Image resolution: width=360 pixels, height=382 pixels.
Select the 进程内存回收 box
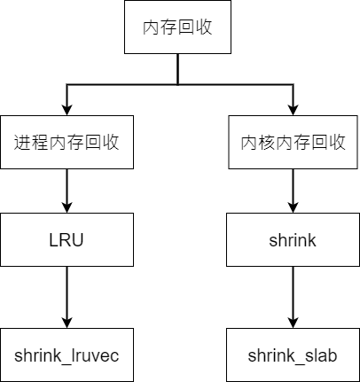(x=67, y=143)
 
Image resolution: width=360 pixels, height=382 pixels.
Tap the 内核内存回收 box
(x=293, y=143)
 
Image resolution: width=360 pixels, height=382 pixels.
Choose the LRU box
(x=67, y=239)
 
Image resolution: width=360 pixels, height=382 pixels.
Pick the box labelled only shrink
(x=293, y=239)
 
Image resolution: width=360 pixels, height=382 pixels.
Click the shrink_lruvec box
(x=67, y=355)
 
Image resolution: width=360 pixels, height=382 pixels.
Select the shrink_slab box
(x=293, y=355)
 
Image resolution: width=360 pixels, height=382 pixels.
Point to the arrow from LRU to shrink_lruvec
(x=67, y=296)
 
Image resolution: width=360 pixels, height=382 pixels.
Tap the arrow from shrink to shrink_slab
(x=293, y=296)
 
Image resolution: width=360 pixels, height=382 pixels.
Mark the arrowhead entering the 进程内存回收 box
(x=67, y=109)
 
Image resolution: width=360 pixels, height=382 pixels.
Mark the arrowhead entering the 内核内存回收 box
(x=293, y=109)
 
